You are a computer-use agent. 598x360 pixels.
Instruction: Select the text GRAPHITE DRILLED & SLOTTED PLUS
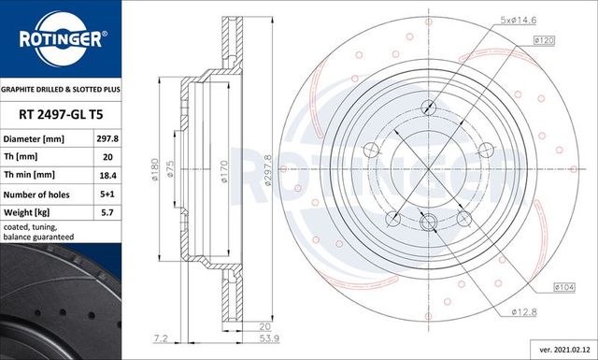pyautogui.click(x=61, y=91)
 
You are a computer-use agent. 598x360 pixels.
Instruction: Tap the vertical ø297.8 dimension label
pyautogui.click(x=268, y=169)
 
